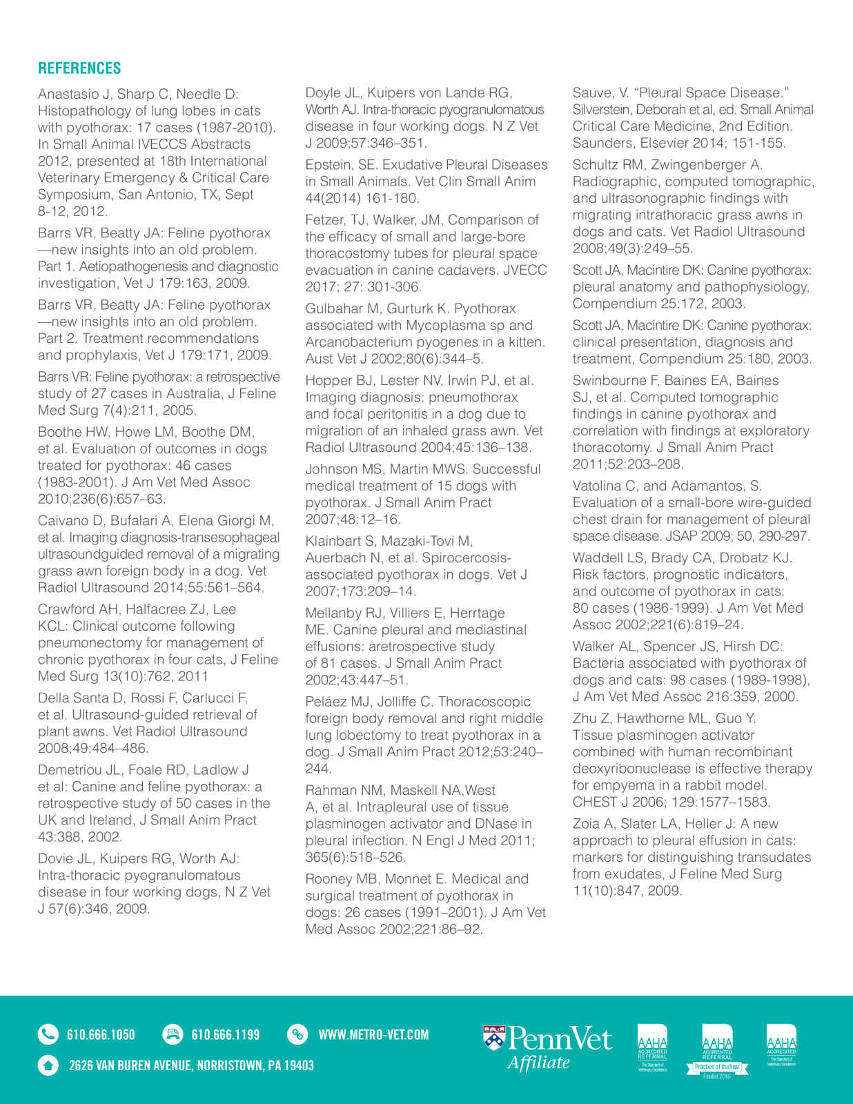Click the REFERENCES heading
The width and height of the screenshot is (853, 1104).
(79, 68)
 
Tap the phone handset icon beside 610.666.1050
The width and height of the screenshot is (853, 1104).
(48, 1034)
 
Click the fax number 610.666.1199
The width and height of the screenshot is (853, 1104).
(226, 1035)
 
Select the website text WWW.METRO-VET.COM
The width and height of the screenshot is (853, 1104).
(373, 1035)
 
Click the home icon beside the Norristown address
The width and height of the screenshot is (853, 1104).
(48, 1065)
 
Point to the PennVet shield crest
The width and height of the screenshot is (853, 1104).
(494, 1038)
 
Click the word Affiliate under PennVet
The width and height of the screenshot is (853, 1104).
(539, 1063)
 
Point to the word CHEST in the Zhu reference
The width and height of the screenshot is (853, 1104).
(595, 802)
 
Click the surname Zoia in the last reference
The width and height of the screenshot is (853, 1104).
(587, 824)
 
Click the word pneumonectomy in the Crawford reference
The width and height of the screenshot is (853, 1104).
(95, 643)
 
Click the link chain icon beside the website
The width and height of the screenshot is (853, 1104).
(297, 1034)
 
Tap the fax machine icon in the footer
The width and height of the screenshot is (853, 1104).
(172, 1034)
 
